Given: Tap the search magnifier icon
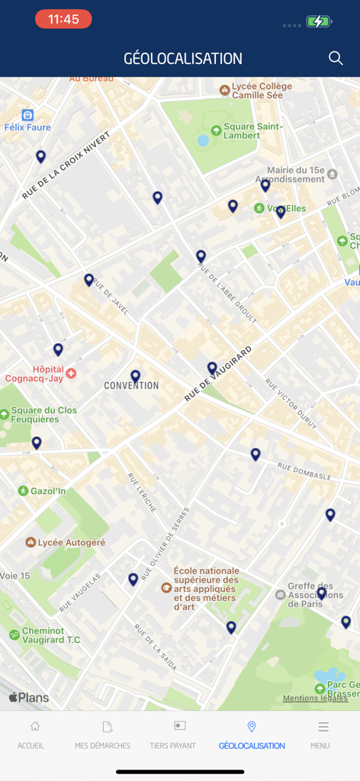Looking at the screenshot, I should pyautogui.click(x=336, y=58).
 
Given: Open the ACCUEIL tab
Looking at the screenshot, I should pyautogui.click(x=31, y=735).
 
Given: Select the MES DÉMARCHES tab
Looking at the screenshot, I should pyautogui.click(x=102, y=735).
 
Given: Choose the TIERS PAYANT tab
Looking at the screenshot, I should pyautogui.click(x=172, y=735).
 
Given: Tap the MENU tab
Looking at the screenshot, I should pyautogui.click(x=320, y=735).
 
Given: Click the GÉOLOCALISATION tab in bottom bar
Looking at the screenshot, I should pyautogui.click(x=252, y=735).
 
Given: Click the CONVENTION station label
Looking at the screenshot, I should pyautogui.click(x=131, y=385).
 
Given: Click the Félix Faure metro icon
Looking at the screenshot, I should pyautogui.click(x=27, y=115).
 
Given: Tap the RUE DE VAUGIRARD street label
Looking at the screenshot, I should pyautogui.click(x=218, y=374).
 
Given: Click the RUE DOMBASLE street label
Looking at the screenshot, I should pyautogui.click(x=304, y=471).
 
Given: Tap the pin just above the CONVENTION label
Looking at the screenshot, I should pyautogui.click(x=135, y=375).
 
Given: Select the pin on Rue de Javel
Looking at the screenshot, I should pyautogui.click(x=89, y=279).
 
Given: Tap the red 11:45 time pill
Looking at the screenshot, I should pyautogui.click(x=63, y=20).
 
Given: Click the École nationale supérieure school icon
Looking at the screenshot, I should pyautogui.click(x=166, y=587).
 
